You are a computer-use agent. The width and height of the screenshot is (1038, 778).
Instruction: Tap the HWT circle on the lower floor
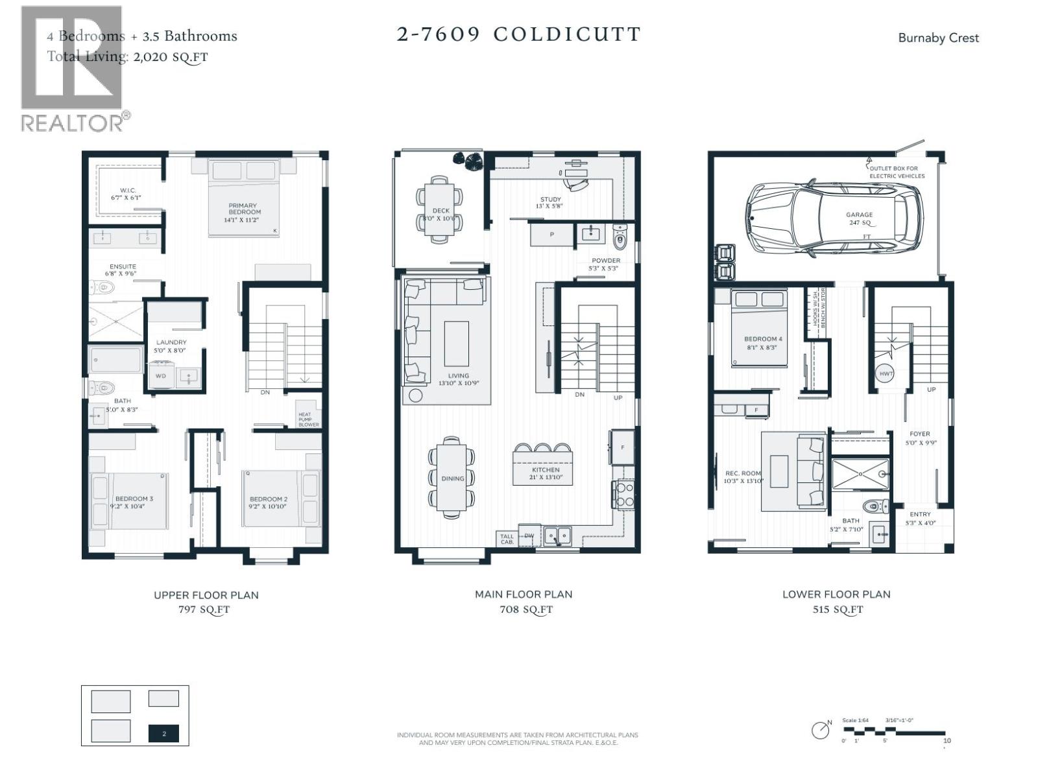[886, 374]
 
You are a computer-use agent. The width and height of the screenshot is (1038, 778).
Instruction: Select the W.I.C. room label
[127, 194]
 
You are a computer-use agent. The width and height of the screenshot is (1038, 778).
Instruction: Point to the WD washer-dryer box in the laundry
[160, 376]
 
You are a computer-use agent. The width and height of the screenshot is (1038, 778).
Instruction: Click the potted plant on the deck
[468, 160]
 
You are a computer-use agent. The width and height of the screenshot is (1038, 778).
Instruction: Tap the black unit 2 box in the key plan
[163, 733]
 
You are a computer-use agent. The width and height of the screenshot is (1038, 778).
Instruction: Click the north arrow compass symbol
[821, 729]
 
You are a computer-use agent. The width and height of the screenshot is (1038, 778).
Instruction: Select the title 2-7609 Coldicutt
[518, 34]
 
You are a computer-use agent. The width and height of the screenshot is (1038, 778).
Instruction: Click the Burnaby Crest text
[938, 38]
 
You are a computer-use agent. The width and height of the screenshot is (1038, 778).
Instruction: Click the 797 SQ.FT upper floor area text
[205, 609]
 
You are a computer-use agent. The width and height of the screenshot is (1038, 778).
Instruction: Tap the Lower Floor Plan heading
[836, 594]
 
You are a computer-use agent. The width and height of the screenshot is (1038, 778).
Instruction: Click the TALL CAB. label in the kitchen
[507, 539]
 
